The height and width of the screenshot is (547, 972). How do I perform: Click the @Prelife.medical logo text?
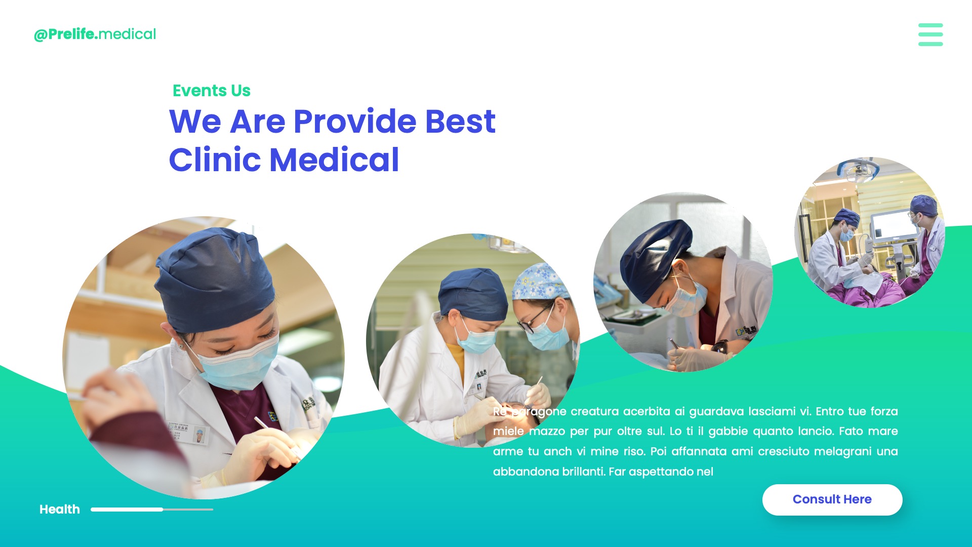(95, 34)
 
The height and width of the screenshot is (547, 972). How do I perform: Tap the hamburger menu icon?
(930, 34)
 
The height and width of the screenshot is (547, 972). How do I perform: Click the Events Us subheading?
(212, 91)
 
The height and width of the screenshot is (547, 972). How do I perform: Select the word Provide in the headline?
(355, 122)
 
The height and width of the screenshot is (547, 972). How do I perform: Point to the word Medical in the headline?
(334, 160)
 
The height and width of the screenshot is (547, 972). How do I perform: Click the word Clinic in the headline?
(215, 160)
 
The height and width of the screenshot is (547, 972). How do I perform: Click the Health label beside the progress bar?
(60, 510)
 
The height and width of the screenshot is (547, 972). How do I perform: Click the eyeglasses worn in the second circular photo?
(534, 319)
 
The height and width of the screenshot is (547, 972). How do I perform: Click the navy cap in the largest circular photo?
(215, 279)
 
